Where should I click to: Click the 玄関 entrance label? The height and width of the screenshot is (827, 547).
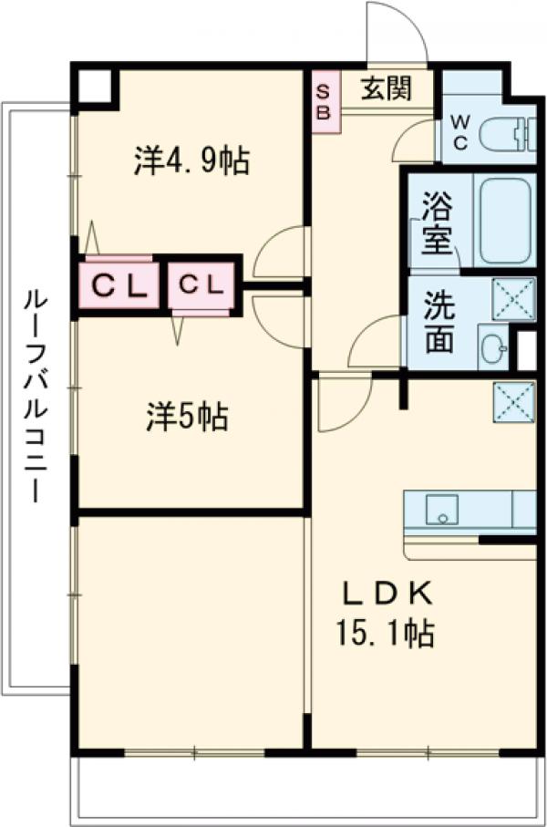[384, 89]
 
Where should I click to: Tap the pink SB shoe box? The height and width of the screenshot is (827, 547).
[325, 101]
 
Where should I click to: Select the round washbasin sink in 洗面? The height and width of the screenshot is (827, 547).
[492, 347]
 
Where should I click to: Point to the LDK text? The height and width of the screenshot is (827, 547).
[387, 594]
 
